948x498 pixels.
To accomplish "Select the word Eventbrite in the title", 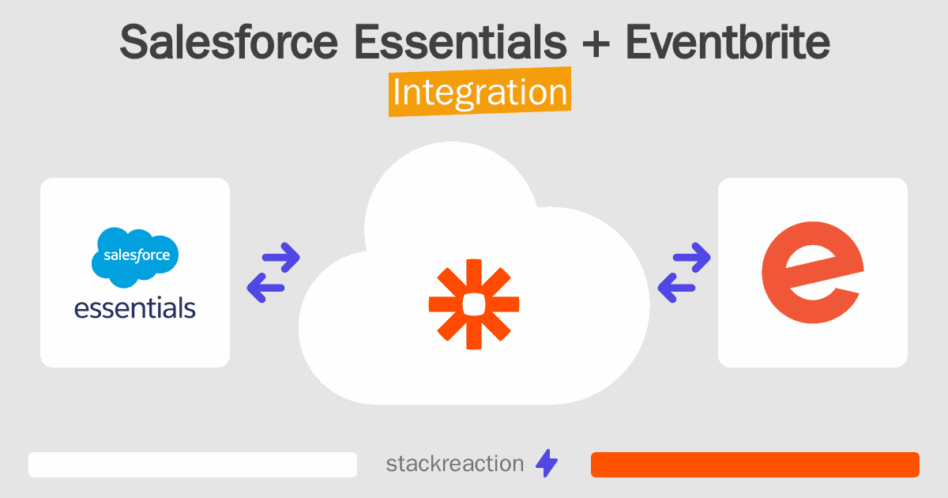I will point(727,43).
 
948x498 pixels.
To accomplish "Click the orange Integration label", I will point(480,92).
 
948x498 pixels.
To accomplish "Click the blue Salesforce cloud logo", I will point(135,257).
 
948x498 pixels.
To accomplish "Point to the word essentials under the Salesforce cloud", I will point(135,307).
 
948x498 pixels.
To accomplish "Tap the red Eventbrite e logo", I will point(811,272).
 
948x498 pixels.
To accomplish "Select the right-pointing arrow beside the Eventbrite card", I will point(690,257).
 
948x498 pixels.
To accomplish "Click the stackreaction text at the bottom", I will point(454,464).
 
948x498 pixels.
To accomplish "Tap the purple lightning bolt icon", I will point(547,464).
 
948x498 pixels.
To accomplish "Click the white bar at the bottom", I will point(193,465).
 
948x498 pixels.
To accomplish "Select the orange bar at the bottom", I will point(754,465).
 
